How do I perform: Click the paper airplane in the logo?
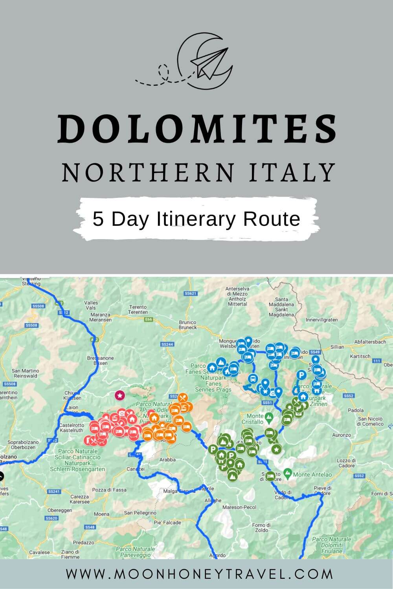tap(208, 63)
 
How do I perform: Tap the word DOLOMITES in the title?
tap(196, 129)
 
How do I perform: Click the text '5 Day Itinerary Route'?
tap(196, 219)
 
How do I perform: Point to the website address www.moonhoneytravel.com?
tap(199, 574)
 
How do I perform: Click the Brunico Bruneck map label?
tap(187, 325)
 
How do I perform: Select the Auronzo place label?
tap(341, 435)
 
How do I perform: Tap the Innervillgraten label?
tap(321, 320)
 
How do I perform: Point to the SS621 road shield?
tap(190, 293)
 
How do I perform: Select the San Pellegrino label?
tap(140, 513)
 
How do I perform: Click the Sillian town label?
tap(337, 347)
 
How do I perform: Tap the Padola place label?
tap(356, 410)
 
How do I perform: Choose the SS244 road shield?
tap(167, 344)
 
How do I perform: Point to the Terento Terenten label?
tap(138, 309)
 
